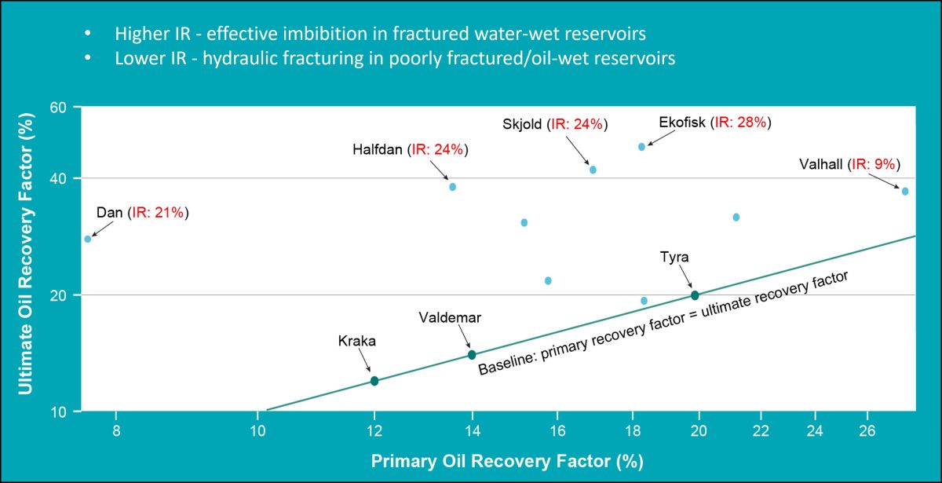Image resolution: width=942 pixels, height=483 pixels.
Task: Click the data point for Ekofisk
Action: (x=641, y=147)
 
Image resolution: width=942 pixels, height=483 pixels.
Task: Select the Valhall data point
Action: (x=905, y=192)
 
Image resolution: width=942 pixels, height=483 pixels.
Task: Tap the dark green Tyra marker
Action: (x=695, y=295)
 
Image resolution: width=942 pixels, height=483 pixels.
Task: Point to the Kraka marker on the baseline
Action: (x=374, y=381)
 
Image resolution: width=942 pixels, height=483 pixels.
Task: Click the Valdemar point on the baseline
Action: (x=472, y=355)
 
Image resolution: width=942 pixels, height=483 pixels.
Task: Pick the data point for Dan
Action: (x=88, y=239)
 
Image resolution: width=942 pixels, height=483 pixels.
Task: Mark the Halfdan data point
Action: (x=452, y=187)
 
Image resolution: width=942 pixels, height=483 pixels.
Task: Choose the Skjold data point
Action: (x=593, y=170)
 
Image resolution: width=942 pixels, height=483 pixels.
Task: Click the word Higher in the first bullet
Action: (x=137, y=35)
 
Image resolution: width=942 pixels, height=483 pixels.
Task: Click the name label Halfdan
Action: (x=378, y=149)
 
